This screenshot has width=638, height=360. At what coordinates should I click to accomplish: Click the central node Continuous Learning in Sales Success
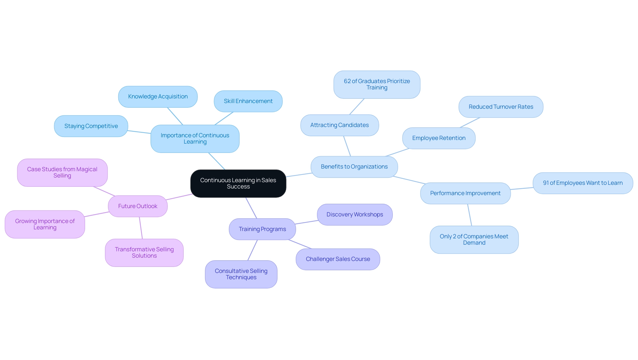click(238, 183)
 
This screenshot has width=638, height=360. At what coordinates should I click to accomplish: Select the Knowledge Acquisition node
click(158, 97)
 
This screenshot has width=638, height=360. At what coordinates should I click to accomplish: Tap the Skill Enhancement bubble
click(248, 101)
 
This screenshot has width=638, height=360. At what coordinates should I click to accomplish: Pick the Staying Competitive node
click(91, 126)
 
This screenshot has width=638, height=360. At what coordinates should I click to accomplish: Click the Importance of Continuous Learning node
click(195, 139)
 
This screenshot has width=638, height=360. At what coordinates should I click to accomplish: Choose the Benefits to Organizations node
click(354, 167)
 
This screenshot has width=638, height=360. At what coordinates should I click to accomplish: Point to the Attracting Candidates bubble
click(339, 125)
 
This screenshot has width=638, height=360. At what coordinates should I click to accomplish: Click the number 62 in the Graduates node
click(347, 81)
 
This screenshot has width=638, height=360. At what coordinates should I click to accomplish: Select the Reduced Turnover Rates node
click(501, 107)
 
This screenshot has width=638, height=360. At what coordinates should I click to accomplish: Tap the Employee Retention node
click(439, 138)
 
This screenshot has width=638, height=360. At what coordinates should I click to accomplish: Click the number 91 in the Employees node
click(546, 183)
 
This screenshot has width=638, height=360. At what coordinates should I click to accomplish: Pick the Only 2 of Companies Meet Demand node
click(474, 240)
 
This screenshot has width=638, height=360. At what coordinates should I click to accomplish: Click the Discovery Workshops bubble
click(355, 215)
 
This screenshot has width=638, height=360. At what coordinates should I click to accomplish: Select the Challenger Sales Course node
click(338, 259)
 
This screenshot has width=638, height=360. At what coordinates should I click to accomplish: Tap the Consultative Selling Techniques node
click(241, 274)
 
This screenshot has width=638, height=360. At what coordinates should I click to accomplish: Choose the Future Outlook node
click(138, 206)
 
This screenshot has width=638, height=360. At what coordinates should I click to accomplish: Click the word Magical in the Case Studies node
click(87, 170)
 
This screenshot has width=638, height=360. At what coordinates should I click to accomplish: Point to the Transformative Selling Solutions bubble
click(144, 253)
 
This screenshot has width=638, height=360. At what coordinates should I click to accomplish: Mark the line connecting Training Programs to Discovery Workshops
click(306, 222)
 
